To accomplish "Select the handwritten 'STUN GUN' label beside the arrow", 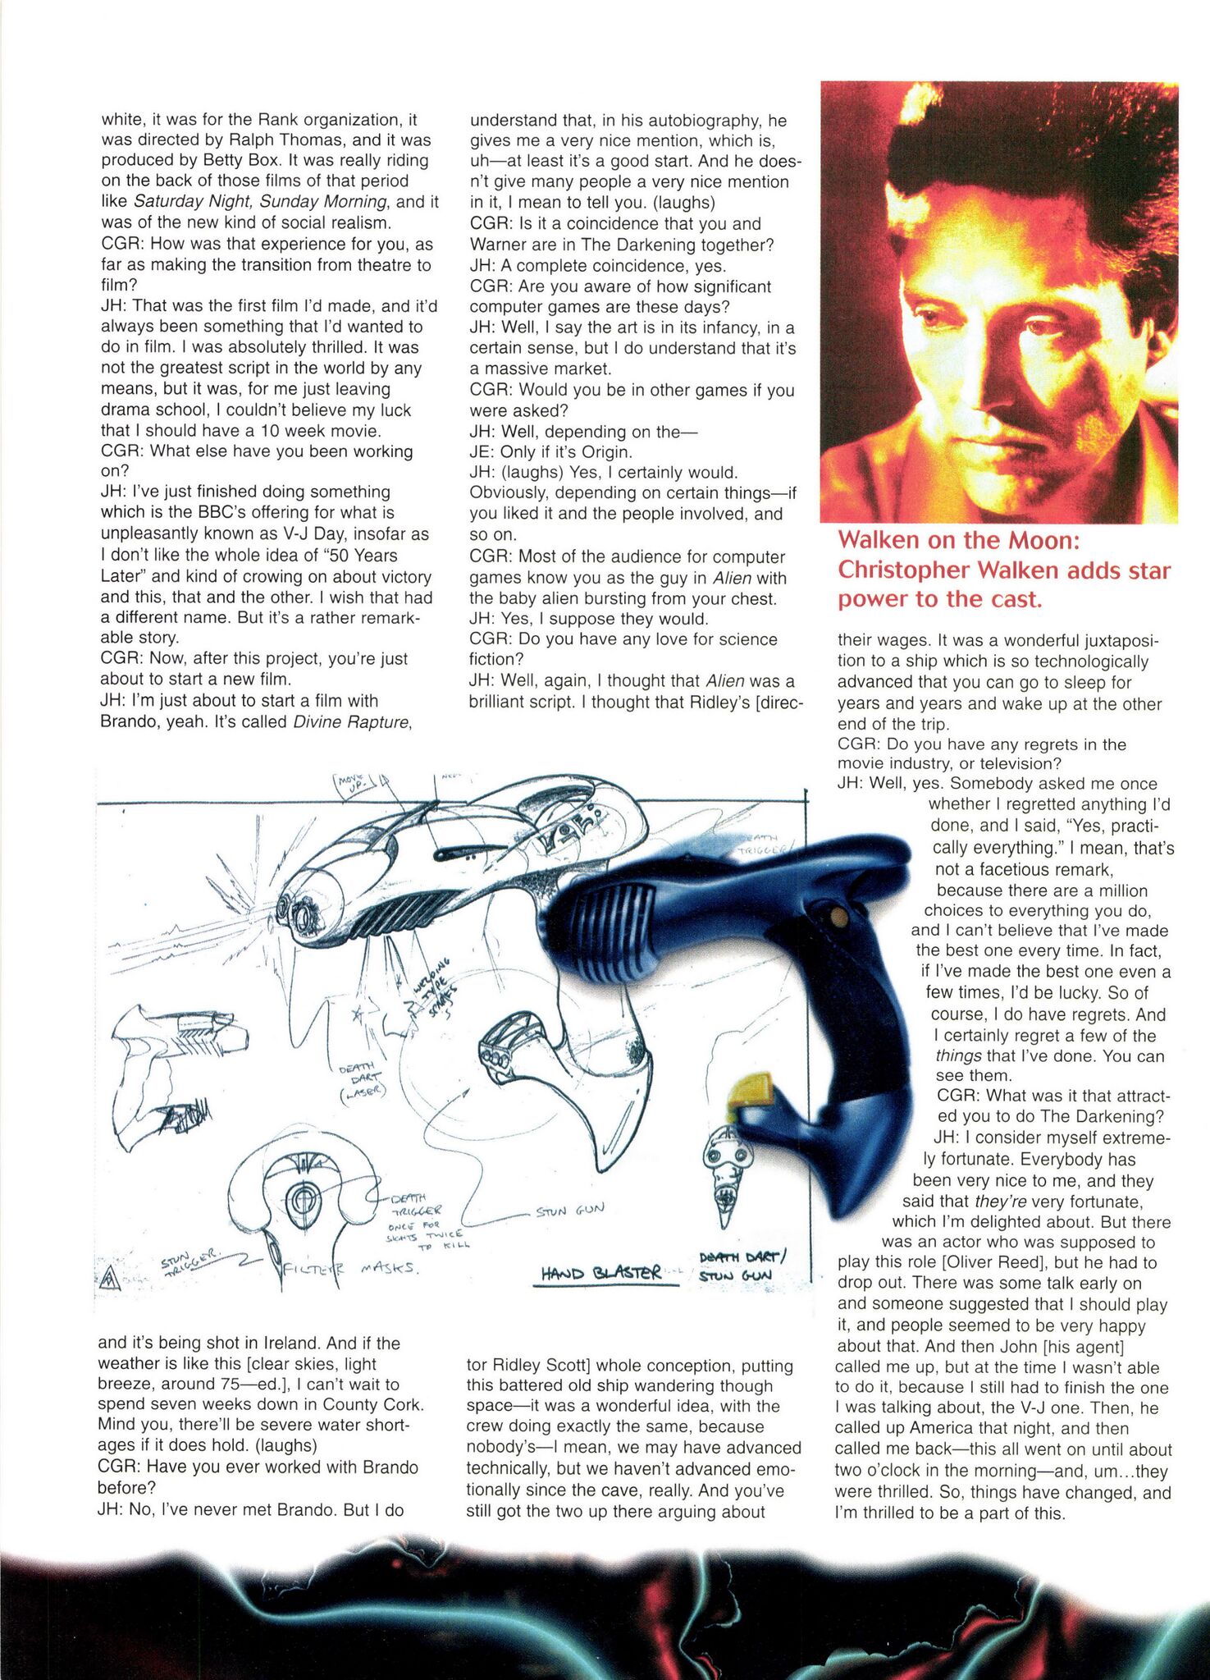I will (x=570, y=1210).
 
